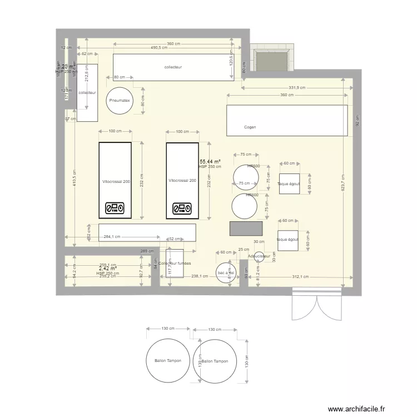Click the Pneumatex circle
(120, 101)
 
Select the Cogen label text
(250, 127)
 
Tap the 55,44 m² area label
(210, 161)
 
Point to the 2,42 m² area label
(107, 269)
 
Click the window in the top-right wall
(272, 58)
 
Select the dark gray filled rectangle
(246, 229)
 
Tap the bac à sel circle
(226, 273)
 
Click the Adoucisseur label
(259, 257)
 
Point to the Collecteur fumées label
(175, 263)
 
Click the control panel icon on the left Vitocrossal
(115, 209)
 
